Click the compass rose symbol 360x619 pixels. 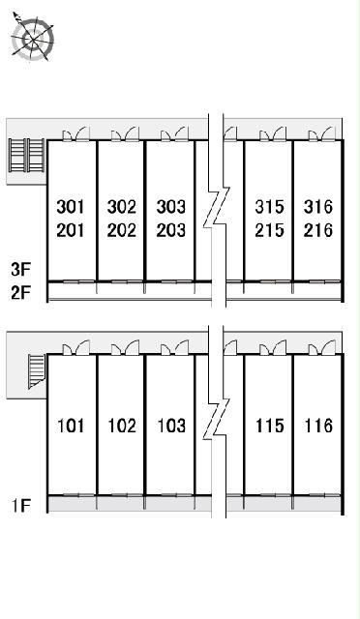point(32,38)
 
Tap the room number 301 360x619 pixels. point(71,207)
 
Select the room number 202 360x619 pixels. point(121,230)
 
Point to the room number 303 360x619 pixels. point(170,207)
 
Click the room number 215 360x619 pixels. point(269,230)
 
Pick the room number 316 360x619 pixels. point(318,207)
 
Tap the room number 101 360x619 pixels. point(71,426)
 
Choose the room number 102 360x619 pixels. point(122,426)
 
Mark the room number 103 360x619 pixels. point(171,426)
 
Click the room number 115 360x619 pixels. point(269,426)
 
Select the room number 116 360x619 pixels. point(318,426)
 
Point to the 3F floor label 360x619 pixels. point(21,270)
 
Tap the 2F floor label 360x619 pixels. point(21,293)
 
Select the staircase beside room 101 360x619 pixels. point(37,371)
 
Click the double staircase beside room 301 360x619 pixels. point(27,155)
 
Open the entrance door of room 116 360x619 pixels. point(322,347)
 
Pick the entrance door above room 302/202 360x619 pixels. point(125,133)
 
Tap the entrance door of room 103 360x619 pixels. point(174,347)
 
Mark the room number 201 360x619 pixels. point(71,230)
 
